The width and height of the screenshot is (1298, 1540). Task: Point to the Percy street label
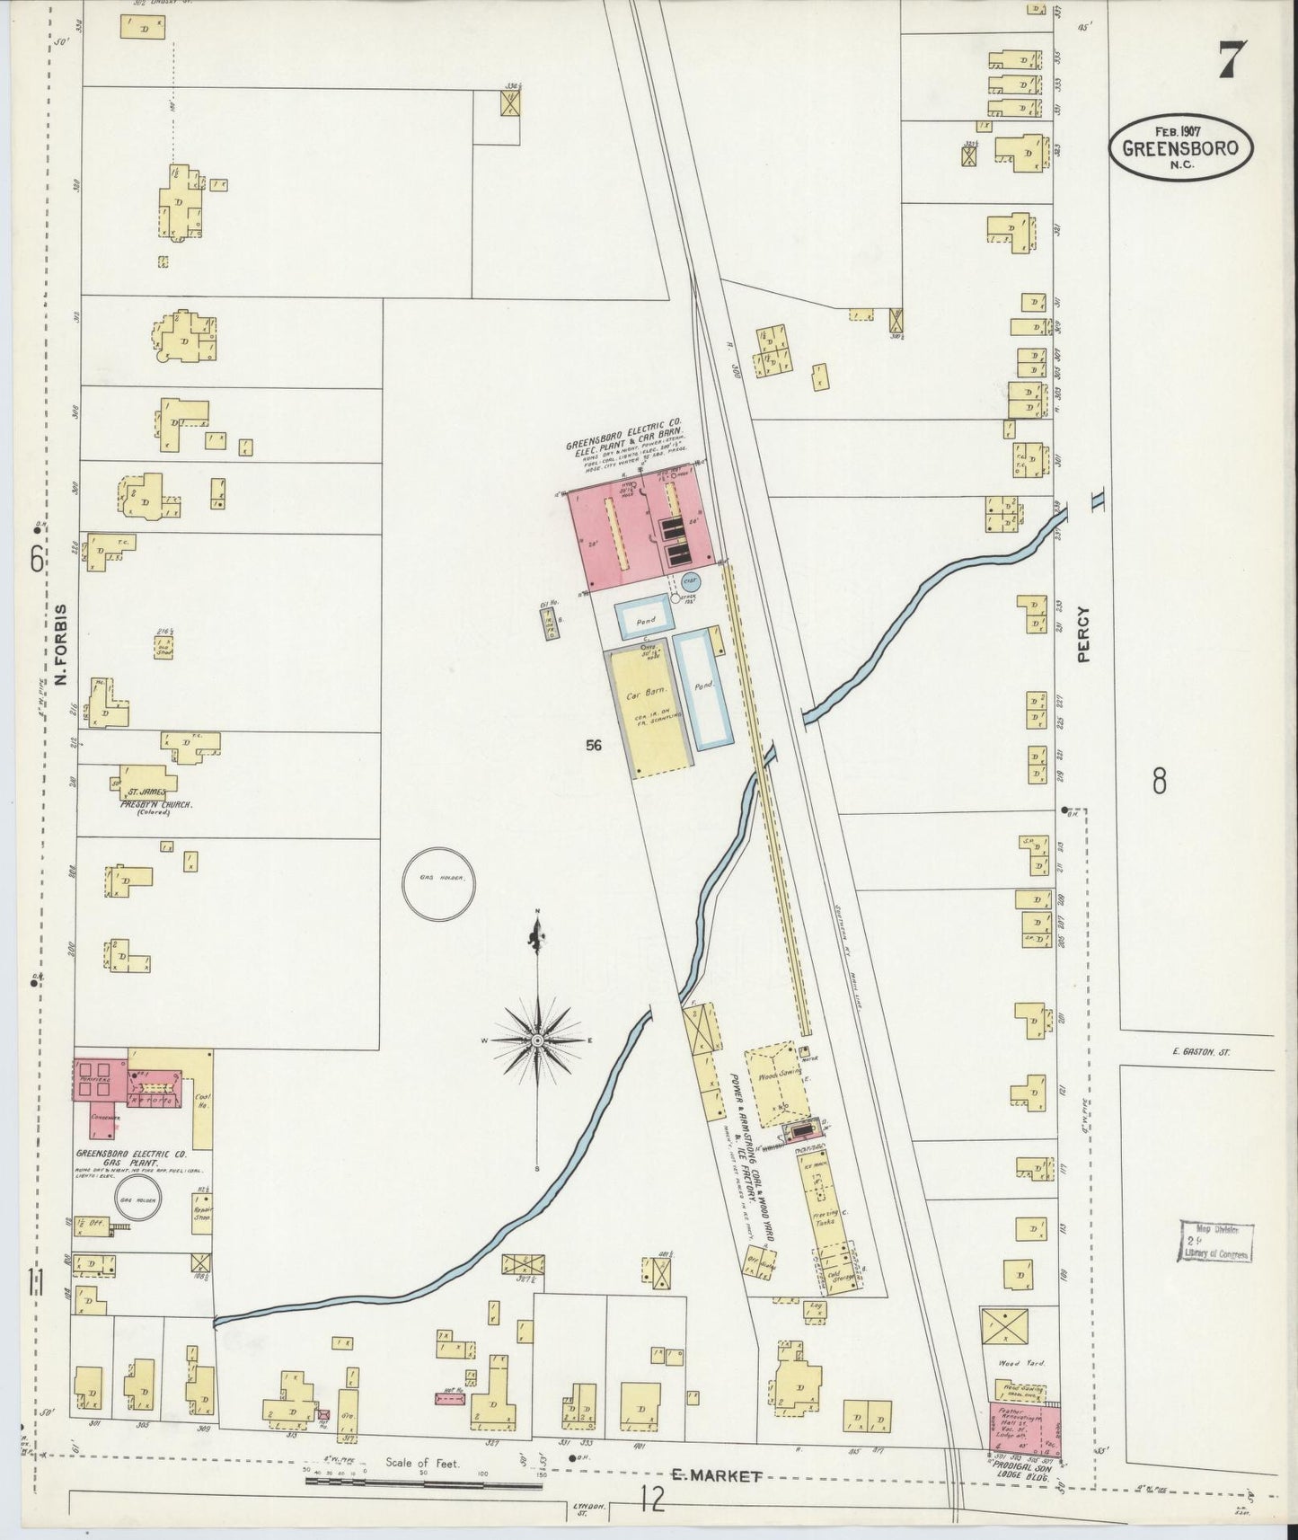tap(1083, 634)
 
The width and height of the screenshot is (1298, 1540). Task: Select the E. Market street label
tap(718, 1475)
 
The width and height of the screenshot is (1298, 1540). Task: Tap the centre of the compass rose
tap(537, 1040)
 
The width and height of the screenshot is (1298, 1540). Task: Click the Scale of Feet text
tap(422, 1463)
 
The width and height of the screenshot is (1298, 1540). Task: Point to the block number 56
tap(593, 744)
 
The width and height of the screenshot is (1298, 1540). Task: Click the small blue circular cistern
tap(690, 582)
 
